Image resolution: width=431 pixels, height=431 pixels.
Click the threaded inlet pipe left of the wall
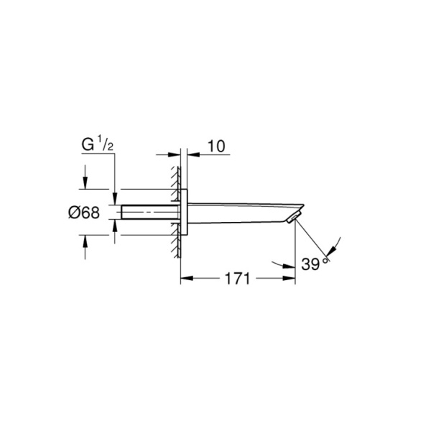pos(147,213)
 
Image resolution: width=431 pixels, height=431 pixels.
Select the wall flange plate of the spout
pos(184,213)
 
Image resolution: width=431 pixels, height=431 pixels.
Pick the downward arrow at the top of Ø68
pos(85,185)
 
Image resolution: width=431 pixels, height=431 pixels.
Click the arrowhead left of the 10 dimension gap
pos(175,153)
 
